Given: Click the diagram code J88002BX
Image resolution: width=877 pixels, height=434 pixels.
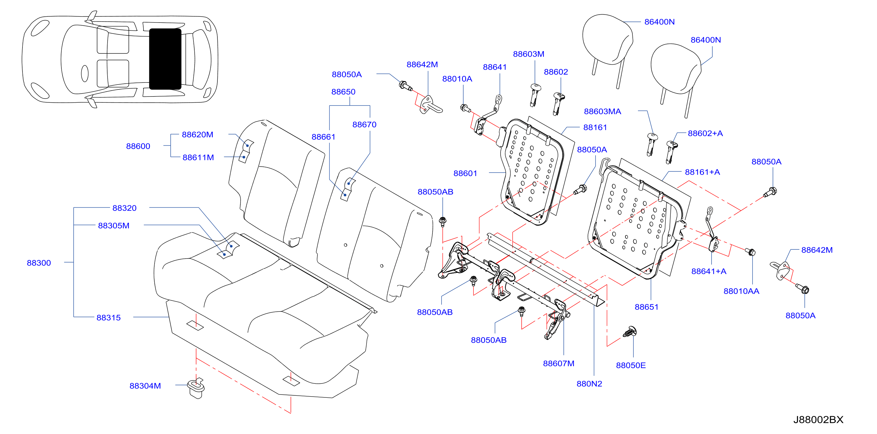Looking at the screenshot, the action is coord(818,419).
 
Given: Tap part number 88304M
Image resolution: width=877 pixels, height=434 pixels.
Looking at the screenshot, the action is coord(145,386).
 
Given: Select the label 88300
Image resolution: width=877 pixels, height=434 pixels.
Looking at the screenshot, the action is coord(39,263).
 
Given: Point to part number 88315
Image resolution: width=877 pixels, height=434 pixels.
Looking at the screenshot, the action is coord(109,318).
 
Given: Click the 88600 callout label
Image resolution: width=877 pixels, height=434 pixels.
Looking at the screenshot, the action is coord(138,146).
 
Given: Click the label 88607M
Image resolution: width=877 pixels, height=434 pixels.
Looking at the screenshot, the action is coord(558,364).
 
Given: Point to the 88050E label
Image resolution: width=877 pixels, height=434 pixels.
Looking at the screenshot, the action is coord(631,365).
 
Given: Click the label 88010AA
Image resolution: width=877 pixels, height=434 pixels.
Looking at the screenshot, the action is coord(741,291).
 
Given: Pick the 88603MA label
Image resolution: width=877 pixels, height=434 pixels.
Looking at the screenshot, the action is coord(602,111).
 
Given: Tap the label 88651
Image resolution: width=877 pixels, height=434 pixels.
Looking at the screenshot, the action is coord(646,307).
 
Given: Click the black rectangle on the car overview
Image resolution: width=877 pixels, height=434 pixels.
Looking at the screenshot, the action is coord(165,59).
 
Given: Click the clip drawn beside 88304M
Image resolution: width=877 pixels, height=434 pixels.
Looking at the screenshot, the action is coord(196,388).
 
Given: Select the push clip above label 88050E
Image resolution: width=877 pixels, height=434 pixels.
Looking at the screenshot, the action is coord(630,331).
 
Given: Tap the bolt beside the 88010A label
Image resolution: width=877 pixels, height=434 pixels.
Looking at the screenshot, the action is coord(465,108).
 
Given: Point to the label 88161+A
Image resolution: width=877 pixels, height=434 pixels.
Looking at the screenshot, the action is coord(702,172).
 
